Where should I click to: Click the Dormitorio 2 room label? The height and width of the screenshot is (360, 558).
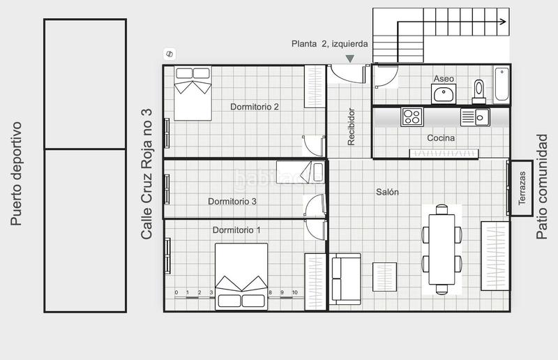pos(255,107)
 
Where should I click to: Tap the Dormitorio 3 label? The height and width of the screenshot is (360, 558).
pos(232,202)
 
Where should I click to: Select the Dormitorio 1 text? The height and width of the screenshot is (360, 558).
pos(236,230)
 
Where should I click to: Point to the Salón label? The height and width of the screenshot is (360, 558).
pos(387,192)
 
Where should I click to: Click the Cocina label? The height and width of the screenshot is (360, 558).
pos(441,138)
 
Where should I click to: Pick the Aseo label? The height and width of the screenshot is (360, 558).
pos(444,79)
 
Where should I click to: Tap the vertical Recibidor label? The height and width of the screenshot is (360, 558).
pos(352,126)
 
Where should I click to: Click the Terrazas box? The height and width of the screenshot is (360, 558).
pos(522,188)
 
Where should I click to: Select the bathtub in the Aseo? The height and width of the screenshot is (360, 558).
pos(502,85)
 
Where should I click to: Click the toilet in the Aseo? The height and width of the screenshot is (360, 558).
pos(478,90)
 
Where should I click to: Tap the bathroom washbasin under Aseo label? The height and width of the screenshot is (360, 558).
pos(443,94)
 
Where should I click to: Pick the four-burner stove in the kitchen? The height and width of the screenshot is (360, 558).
pos(412,117)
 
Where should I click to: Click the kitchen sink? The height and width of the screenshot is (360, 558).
pos(475,117)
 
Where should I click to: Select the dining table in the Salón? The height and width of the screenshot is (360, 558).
pos(442,248)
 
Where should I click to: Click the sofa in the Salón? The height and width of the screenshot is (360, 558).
pos(345,279)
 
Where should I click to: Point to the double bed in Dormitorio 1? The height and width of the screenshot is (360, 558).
pos(241,276)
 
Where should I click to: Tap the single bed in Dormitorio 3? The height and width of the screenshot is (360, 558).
pos(300,172)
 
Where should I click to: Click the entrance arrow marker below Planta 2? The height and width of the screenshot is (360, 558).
pos(350,59)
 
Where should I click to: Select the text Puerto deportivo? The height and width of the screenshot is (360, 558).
pos(17,174)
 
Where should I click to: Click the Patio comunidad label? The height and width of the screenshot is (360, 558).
pos(541,187)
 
